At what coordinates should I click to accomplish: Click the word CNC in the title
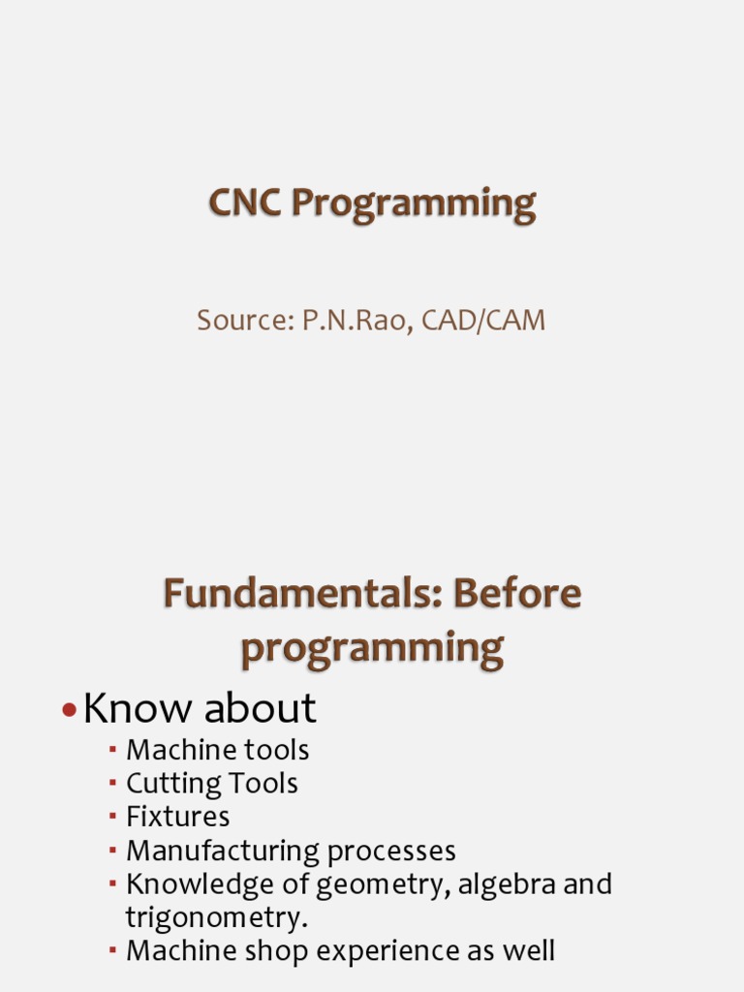(245, 204)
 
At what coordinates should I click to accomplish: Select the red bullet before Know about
(68, 711)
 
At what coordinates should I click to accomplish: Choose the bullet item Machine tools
(217, 750)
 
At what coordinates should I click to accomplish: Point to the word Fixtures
(177, 817)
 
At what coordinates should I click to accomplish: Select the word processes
(391, 852)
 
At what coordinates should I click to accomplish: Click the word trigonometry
(216, 917)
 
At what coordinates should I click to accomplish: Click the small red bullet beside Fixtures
(112, 816)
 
